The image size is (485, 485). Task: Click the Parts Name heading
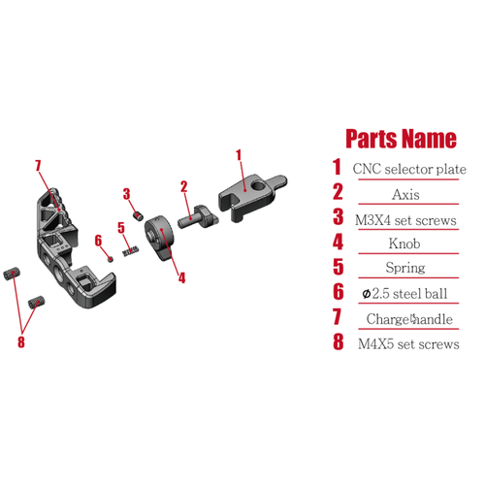point(401,139)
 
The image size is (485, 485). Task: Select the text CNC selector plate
point(409,169)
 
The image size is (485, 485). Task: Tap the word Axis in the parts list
point(405,194)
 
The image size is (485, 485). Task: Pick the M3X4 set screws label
point(405,220)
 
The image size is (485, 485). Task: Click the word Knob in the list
point(404,243)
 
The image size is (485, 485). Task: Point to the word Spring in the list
point(405,268)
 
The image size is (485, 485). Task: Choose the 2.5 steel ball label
point(404,294)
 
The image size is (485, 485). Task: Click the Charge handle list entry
point(409,319)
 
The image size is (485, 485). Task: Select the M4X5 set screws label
point(408,344)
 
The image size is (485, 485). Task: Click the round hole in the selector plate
point(258,185)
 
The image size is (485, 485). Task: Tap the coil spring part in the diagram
point(131,251)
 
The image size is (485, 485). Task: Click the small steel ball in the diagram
point(111,259)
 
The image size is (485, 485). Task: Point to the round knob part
point(158,238)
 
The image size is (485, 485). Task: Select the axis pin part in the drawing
point(198,217)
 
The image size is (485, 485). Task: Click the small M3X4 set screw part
point(139,216)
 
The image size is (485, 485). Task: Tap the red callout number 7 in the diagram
point(38,165)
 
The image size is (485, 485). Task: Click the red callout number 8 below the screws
point(21,341)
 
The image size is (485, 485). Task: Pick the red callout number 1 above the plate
point(239,155)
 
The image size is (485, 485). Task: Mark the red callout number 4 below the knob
point(182,278)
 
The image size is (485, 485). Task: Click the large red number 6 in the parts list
point(339,292)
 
